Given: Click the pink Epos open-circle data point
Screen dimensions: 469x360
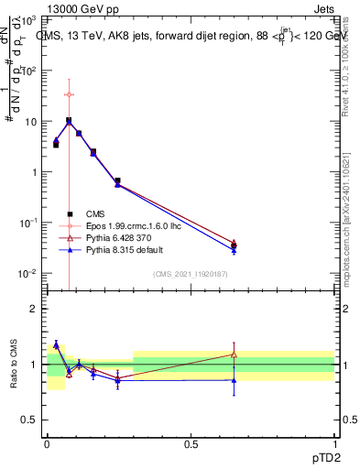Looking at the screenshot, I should tap(70, 94).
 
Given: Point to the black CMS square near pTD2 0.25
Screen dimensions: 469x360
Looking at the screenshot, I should tap(117, 181).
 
